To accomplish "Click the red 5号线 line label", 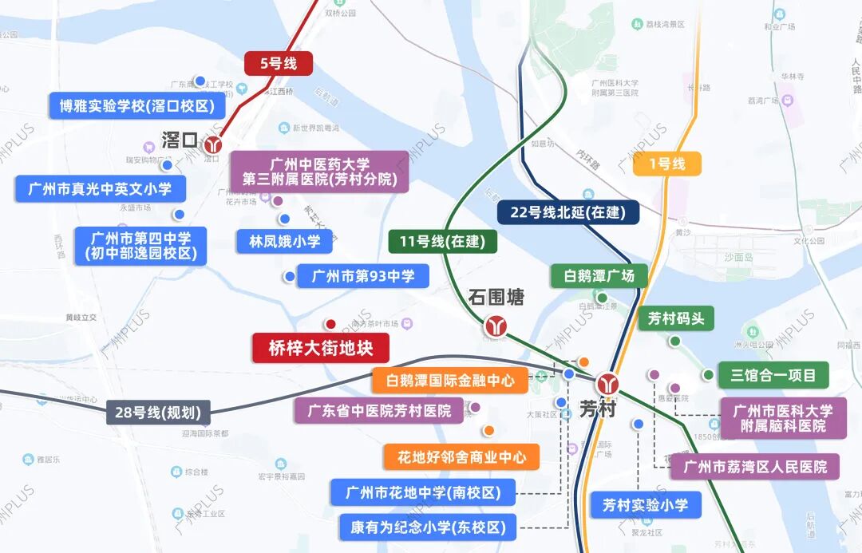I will [x=278, y=63].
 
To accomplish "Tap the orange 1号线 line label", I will [x=667, y=164].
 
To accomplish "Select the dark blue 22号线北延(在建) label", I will [x=567, y=212].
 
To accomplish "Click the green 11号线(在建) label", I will [x=442, y=242].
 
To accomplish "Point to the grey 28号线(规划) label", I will [x=160, y=413].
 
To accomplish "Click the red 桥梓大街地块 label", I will [x=321, y=348].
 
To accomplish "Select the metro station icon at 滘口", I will [x=213, y=145].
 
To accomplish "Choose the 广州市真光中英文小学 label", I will [x=100, y=189].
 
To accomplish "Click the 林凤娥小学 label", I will [x=284, y=241].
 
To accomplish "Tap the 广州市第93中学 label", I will [x=362, y=277].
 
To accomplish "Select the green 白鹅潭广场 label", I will [x=599, y=276].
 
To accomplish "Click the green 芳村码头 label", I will [x=675, y=318].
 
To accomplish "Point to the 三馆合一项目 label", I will [x=773, y=374].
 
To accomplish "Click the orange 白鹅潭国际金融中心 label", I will [x=450, y=381].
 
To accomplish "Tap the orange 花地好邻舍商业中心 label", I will [x=461, y=457].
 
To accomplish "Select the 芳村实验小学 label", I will [x=646, y=504].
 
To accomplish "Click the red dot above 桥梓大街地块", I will [x=329, y=324].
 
